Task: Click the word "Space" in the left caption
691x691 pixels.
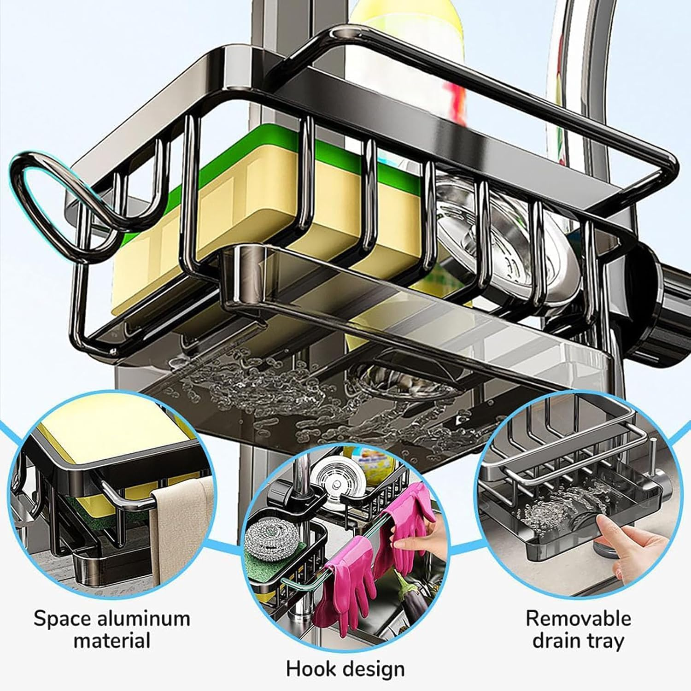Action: click(62, 618)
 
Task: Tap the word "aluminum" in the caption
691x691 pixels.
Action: click(144, 618)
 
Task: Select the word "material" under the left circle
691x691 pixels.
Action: click(112, 640)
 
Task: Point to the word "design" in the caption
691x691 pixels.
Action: click(376, 669)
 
